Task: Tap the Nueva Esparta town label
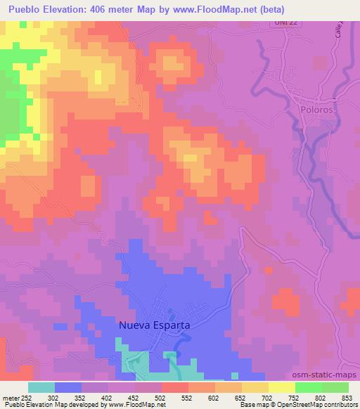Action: coord(154,325)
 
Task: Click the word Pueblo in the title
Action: coord(27,9)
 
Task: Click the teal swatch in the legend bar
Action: coord(41,387)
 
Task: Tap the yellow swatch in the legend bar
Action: coord(281,387)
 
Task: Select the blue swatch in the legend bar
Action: coord(67,387)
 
